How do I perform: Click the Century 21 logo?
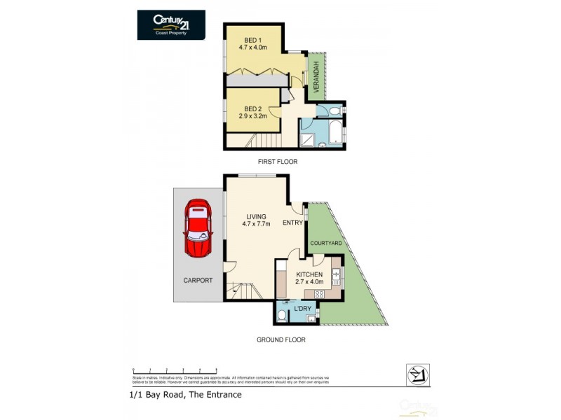pyautogui.click(x=171, y=24)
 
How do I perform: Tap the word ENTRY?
pyautogui.click(x=292, y=223)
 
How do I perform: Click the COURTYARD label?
pyautogui.click(x=326, y=243)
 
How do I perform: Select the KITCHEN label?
pyautogui.click(x=309, y=274)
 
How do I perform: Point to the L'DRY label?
pyautogui.click(x=303, y=309)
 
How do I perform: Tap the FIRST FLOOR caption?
pyautogui.click(x=278, y=162)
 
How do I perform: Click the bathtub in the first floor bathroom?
pyautogui.click(x=334, y=132)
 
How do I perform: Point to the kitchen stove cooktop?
pyautogui.click(x=320, y=294)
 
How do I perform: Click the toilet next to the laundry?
pyautogui.click(x=282, y=316)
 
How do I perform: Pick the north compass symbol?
pyautogui.click(x=418, y=374)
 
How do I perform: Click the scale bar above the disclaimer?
pyautogui.click(x=175, y=370)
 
